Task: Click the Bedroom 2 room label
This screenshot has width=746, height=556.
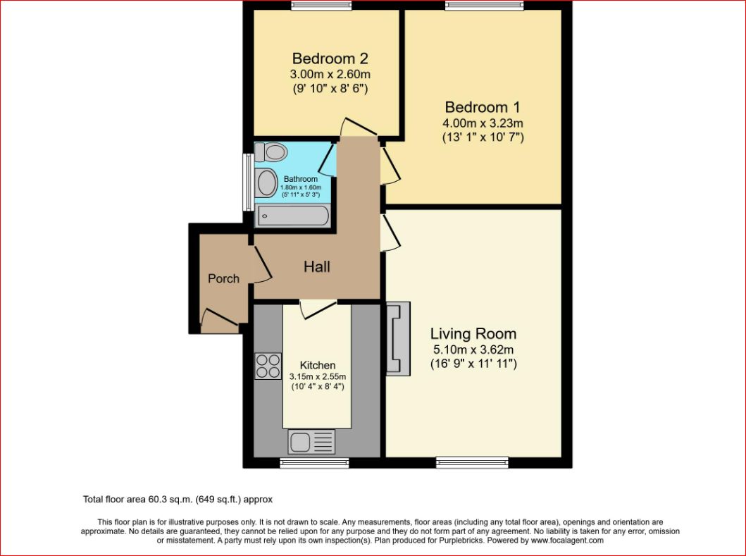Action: [x=330, y=58]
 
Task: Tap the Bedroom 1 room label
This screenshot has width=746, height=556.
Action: [x=483, y=107]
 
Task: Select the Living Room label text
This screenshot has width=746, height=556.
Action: [x=473, y=333]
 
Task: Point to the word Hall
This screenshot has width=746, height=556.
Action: [x=317, y=267]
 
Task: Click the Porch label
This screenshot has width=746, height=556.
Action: [x=223, y=278]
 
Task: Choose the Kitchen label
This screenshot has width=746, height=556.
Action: [x=318, y=365]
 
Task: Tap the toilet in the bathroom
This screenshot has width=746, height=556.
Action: [x=272, y=152]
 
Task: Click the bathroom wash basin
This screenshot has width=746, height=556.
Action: [x=267, y=183]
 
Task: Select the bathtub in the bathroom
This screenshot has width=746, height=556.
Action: [x=292, y=216]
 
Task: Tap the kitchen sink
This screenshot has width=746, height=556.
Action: [x=311, y=442]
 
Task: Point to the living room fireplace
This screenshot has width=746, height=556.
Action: [x=398, y=338]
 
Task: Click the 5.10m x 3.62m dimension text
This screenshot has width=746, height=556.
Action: [x=473, y=350]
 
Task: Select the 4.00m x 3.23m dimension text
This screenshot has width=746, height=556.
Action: [x=483, y=123]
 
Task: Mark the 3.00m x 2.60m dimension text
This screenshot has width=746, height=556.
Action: [x=330, y=74]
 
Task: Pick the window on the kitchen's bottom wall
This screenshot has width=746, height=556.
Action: [x=314, y=462]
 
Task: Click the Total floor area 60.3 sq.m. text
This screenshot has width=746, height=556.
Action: [x=178, y=499]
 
